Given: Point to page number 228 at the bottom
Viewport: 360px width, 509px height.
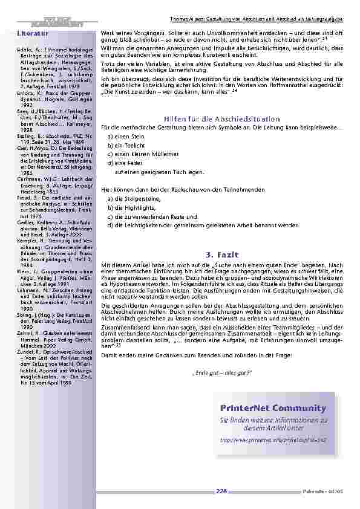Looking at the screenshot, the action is pos(221,491).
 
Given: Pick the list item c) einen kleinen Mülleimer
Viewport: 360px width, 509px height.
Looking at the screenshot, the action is pos(138,154).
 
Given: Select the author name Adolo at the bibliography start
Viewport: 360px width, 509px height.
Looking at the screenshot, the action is pos(24,47).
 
